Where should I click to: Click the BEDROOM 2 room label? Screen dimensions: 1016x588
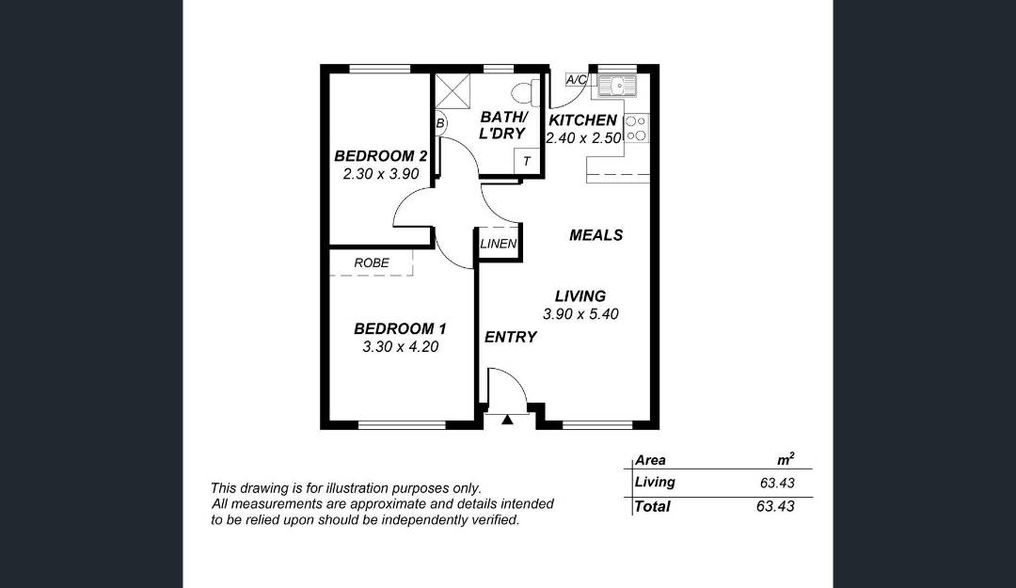380,156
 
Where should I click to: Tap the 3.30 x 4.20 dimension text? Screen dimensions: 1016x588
401,347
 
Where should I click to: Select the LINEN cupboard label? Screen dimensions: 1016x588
499,244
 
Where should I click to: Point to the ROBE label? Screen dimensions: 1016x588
372,262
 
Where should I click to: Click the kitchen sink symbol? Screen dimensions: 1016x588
617,85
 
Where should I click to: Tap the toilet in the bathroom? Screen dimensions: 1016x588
526,93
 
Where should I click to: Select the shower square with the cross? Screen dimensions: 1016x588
452,91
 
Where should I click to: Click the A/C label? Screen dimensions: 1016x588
576,80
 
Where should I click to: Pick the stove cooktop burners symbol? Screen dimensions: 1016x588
636,128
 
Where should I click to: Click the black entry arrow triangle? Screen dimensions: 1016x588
507,421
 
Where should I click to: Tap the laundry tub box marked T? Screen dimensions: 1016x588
526,161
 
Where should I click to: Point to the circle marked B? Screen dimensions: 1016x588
440,122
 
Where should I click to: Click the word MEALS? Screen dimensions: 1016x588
596,235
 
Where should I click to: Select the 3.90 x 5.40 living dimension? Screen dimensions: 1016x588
580,314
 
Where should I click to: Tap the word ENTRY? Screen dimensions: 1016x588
511,337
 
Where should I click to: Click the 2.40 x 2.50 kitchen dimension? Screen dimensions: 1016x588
583,138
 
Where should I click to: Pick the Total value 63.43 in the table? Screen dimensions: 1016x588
775,506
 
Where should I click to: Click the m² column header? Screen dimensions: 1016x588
786,459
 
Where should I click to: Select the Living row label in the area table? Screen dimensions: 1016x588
655,483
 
